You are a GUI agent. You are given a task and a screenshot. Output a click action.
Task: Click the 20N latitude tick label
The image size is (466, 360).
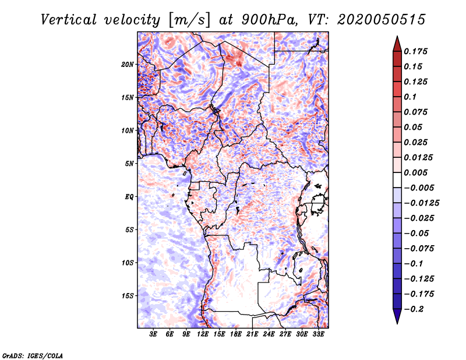pos(128,65)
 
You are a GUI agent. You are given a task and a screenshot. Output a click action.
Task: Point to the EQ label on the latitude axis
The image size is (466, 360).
pos(129,197)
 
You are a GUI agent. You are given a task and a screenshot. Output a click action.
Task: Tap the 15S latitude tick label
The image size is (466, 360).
pos(128,296)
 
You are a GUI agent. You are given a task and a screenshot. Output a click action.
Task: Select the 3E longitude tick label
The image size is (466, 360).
pos(153,334)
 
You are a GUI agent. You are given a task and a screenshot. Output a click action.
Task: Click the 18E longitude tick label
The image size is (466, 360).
pos(236,334)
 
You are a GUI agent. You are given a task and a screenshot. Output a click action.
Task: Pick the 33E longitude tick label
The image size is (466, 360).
pos(318,334)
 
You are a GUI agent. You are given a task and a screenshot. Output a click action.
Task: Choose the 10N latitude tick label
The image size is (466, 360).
pos(128,130)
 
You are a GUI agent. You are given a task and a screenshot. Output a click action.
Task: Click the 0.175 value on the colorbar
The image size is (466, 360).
pos(415,51)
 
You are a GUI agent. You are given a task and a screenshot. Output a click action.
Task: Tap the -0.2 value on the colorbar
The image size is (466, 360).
pos(414,309)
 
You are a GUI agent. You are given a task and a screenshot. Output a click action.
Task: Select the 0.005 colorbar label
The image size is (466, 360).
pos(415,172)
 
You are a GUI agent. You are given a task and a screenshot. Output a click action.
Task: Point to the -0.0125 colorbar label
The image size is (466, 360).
pos(421,203)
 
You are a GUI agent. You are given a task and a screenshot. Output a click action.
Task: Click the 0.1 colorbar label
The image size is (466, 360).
pos(410,97)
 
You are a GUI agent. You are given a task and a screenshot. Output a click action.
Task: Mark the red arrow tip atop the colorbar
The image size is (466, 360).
pos(397,37)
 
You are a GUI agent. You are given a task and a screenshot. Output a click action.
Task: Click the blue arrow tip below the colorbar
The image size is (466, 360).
pos(397,323)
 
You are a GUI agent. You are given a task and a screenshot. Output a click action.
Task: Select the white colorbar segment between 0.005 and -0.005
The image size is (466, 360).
pos(397,180)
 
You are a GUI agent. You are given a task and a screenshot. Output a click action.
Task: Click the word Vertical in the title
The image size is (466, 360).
pos(69,20)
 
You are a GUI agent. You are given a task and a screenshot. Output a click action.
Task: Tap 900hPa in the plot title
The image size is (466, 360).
pos(269,20)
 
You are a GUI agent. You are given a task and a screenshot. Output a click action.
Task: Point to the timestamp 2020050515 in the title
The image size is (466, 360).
pos(382,20)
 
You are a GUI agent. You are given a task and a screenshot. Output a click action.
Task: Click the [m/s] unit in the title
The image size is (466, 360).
pos(189,20)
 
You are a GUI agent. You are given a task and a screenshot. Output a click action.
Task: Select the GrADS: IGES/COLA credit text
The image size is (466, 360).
pos(33,355)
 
